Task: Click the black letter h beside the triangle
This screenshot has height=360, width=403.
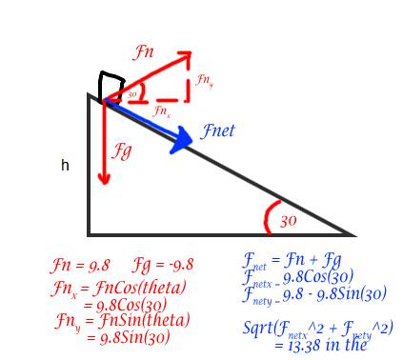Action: [x=65, y=165]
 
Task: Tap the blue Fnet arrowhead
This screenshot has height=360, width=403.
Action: [x=181, y=140]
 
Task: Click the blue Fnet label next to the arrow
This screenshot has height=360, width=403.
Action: [x=218, y=130]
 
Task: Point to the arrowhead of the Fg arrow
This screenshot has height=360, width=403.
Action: [x=104, y=178]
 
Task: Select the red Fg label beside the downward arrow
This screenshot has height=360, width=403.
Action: [x=121, y=150]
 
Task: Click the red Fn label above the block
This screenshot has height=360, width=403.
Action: [x=143, y=51]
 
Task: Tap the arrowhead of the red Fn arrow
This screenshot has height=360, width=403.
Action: [x=185, y=57]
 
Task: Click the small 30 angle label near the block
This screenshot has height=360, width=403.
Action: [x=132, y=94]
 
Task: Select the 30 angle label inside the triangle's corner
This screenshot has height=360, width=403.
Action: [x=289, y=221]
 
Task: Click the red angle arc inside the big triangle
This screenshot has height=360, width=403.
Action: [x=266, y=218]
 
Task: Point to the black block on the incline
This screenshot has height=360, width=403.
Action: [x=111, y=88]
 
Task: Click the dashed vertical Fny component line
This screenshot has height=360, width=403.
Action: [x=189, y=79]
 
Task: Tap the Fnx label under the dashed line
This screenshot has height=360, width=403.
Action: [x=161, y=111]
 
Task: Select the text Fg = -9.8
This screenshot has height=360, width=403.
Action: [x=163, y=265]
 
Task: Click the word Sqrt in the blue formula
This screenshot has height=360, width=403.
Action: [x=257, y=327]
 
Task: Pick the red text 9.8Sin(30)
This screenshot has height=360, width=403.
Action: [x=134, y=337]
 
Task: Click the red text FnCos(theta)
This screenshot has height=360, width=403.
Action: [x=139, y=288]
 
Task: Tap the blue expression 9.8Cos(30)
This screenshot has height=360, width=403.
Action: [x=318, y=277]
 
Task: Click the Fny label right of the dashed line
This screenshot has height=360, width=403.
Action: [x=205, y=81]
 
